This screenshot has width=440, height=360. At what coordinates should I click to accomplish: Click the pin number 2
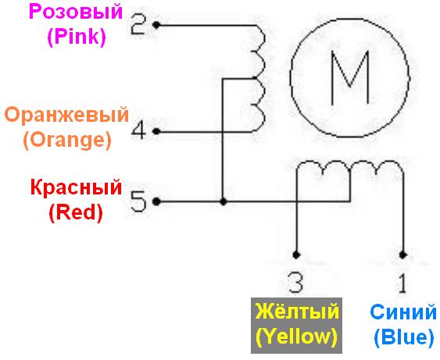[138, 25]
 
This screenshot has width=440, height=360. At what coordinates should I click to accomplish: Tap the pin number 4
[138, 130]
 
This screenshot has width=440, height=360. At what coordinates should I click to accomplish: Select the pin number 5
[139, 201]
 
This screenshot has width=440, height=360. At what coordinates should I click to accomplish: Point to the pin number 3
[295, 283]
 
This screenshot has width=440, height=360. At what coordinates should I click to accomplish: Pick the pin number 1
[402, 283]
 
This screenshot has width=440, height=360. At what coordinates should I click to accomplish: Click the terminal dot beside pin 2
[156, 25]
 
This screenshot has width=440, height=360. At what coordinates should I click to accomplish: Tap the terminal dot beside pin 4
[156, 131]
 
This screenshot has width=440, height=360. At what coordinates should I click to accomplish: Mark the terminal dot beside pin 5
[156, 201]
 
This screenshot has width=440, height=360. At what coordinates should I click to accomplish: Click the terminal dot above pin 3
[296, 255]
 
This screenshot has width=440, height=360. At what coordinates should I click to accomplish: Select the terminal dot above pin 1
[403, 255]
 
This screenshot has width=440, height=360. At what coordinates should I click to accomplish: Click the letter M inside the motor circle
[349, 78]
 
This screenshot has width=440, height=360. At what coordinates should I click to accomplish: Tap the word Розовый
[76, 12]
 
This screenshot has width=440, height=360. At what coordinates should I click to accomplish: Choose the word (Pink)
[77, 37]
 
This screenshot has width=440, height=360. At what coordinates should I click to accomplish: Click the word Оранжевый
[66, 115]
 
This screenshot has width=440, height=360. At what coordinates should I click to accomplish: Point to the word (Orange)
[67, 140]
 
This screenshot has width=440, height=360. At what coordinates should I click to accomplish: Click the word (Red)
[76, 212]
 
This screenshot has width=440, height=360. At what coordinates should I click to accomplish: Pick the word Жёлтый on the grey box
[297, 312]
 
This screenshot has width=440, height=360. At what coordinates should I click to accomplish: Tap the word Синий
[403, 312]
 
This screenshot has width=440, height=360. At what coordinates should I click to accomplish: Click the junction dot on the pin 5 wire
[223, 201]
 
